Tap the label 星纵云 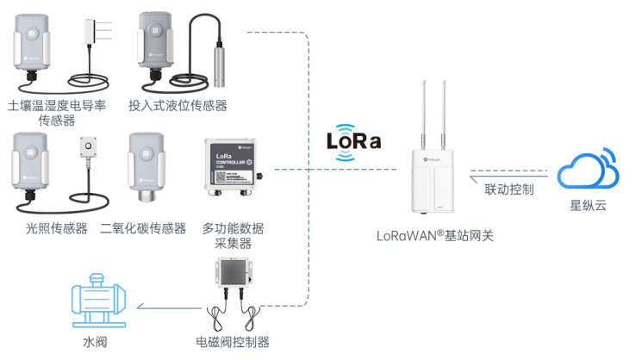(x=587, y=207)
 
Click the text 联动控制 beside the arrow (x=508, y=189)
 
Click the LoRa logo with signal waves (x=353, y=143)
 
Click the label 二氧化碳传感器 (x=143, y=228)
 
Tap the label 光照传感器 (x=57, y=228)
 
